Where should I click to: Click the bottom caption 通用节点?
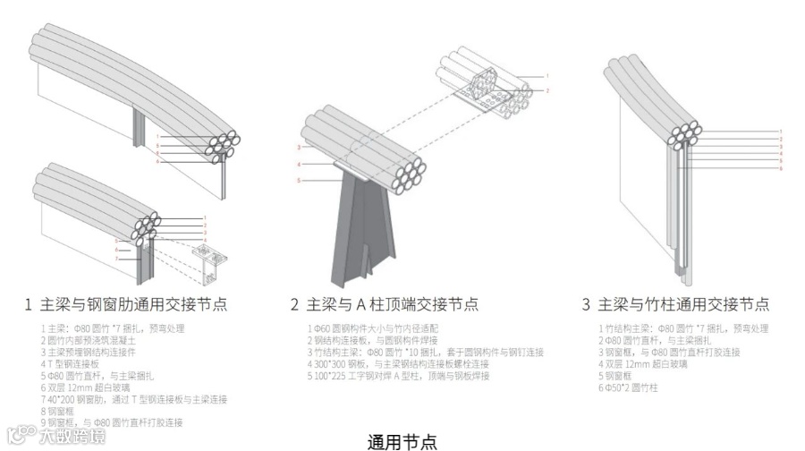click(402, 441)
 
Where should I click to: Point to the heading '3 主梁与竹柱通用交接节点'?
click(675, 305)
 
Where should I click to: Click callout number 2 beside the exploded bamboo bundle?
click(547, 90)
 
